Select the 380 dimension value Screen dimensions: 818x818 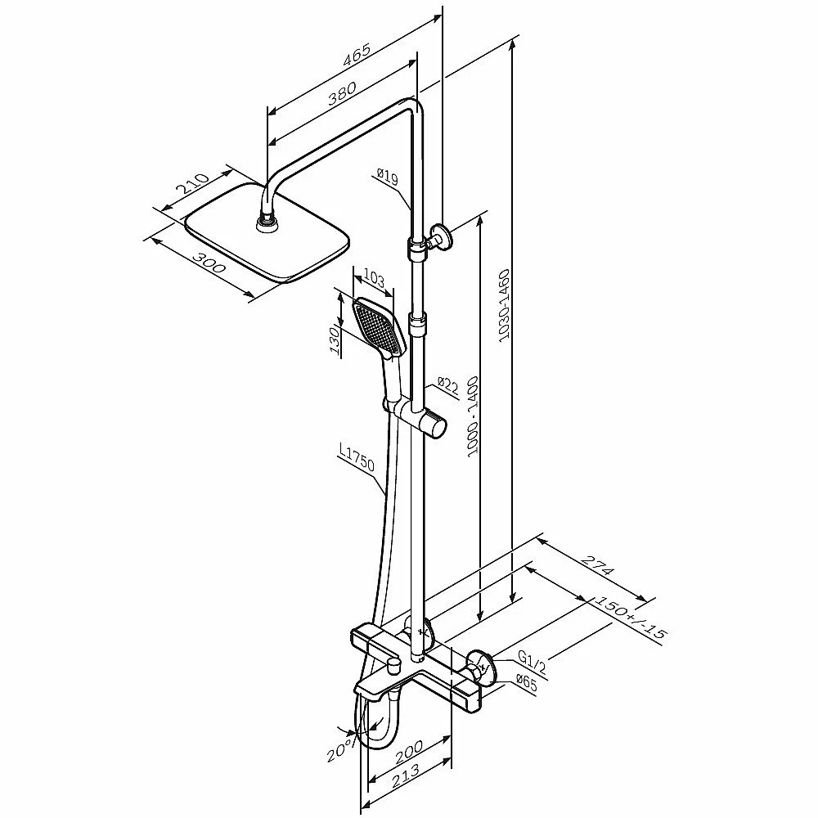click(342, 93)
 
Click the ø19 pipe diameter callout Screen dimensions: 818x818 click(388, 177)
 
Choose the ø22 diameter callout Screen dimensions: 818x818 click(448, 387)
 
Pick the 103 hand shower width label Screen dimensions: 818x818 click(374, 278)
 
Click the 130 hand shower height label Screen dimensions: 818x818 click(335, 340)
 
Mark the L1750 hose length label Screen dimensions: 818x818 click(357, 457)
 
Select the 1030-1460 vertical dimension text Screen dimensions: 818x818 click(504, 305)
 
